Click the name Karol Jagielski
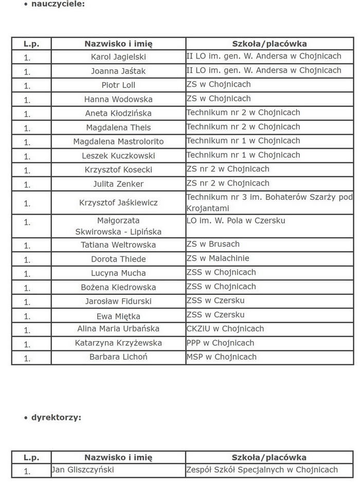click(118, 57)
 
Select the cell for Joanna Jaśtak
click(118, 71)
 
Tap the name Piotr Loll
click(118, 85)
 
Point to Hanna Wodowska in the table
click(118, 99)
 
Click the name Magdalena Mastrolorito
click(118, 141)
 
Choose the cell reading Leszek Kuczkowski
click(118, 156)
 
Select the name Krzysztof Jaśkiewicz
click(118, 203)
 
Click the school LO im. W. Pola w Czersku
click(236, 221)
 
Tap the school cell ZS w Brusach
click(213, 244)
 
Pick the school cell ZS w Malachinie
click(218, 258)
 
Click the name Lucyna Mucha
click(118, 273)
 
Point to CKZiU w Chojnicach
click(225, 329)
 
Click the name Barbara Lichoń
click(118, 357)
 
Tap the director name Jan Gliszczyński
click(83, 470)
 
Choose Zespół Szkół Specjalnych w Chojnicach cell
click(262, 470)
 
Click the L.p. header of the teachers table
click(31, 44)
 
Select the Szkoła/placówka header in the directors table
click(269, 457)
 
